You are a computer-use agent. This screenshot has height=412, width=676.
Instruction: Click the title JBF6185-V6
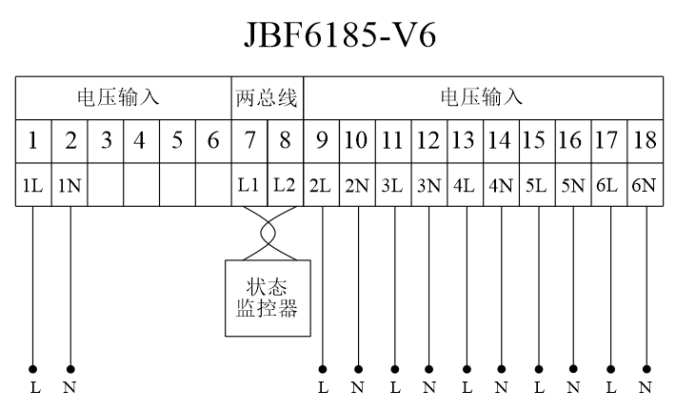pos(338,35)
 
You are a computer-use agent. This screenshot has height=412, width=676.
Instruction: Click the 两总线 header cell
pos(267,97)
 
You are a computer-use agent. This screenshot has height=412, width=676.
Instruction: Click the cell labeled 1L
pos(33,185)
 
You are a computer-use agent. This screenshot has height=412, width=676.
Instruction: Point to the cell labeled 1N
pos(70,185)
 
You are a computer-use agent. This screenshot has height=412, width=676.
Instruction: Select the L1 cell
pos(249,185)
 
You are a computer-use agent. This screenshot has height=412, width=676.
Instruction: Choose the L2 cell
pos(285,185)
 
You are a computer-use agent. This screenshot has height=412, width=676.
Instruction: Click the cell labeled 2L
pos(321,185)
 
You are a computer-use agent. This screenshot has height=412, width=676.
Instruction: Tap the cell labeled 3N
pos(428,185)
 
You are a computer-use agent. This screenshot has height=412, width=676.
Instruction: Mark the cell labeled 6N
pos(645,185)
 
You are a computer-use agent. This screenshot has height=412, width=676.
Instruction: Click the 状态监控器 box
pos(267,298)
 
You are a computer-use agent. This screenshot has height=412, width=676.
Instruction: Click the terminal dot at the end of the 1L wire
pos(33,368)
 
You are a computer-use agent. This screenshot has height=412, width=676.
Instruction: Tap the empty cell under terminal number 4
pos(141,185)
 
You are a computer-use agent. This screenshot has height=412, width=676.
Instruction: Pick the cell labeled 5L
pos(537,185)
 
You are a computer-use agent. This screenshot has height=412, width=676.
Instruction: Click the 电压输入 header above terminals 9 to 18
pos(482,97)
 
